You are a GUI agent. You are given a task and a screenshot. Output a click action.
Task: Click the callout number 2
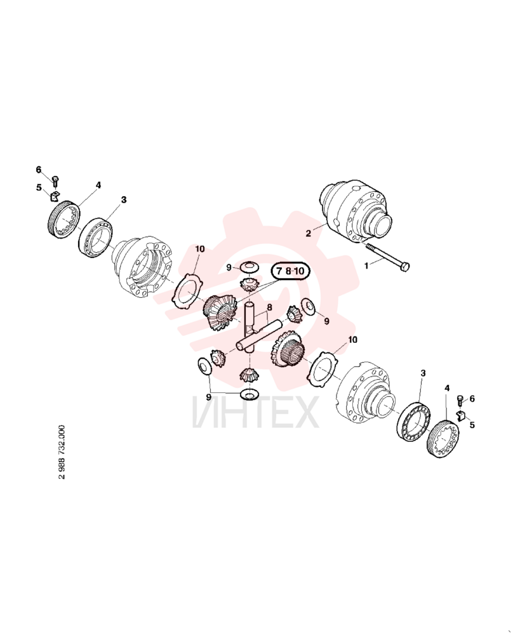coord(308,233)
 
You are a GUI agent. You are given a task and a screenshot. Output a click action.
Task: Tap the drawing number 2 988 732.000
coord(61,451)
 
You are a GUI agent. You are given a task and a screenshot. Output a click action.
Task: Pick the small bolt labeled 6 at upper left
coord(56,182)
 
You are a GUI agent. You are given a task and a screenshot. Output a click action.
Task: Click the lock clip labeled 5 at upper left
coord(55,196)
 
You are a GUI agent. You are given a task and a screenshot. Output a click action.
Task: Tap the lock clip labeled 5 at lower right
coord(461,415)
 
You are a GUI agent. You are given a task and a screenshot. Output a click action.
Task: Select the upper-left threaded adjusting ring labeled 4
coord(62,220)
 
